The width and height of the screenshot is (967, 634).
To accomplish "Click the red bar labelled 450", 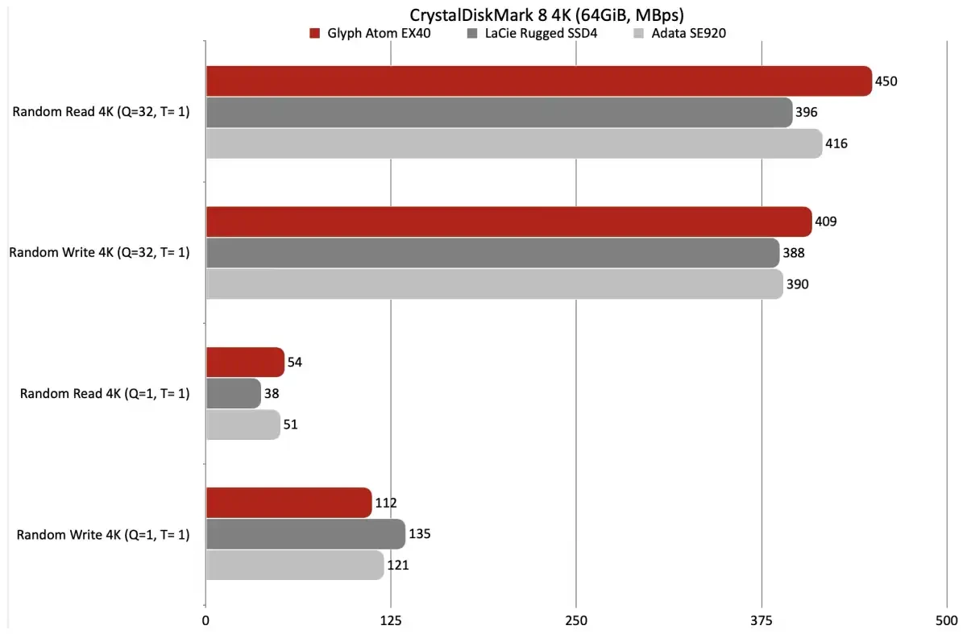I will pyautogui.click(x=538, y=81).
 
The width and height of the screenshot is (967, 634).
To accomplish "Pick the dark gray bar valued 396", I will pyautogui.click(x=499, y=113).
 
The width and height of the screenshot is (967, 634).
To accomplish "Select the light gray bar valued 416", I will pyautogui.click(x=513, y=143).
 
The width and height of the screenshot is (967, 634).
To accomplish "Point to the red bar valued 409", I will pyautogui.click(x=508, y=222).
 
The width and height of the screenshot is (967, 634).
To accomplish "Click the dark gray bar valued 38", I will pyautogui.click(x=233, y=393).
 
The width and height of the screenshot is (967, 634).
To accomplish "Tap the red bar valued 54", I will pyautogui.click(x=245, y=363).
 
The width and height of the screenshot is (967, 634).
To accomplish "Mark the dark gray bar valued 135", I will pyautogui.click(x=305, y=534).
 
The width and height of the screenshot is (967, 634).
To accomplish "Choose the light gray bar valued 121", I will pyautogui.click(x=295, y=565).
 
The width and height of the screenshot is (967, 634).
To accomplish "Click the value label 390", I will pyautogui.click(x=797, y=284).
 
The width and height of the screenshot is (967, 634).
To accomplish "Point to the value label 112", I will pyautogui.click(x=386, y=503).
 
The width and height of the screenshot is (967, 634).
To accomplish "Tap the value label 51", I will pyautogui.click(x=291, y=425).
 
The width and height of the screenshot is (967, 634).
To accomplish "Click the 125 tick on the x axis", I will pyautogui.click(x=391, y=621).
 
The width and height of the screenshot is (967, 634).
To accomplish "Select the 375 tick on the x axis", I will pyautogui.click(x=761, y=621).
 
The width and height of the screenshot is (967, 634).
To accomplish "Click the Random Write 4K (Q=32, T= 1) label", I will pyautogui.click(x=99, y=253).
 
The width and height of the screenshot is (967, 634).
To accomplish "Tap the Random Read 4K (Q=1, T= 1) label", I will pyautogui.click(x=105, y=394).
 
